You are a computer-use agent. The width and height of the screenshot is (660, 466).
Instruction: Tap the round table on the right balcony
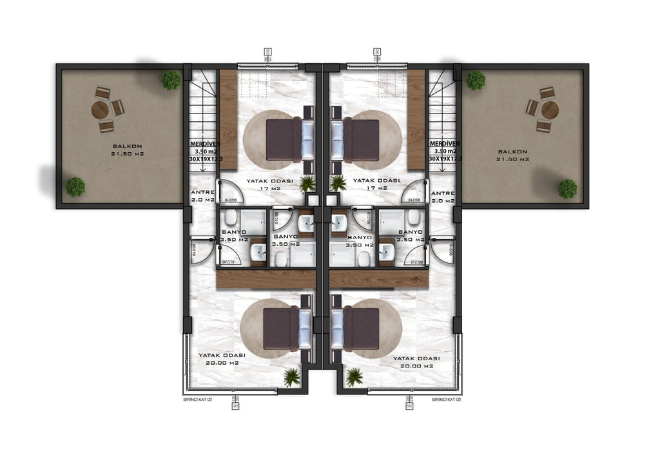(550, 110)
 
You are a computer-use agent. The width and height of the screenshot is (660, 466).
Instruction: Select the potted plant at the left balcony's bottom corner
(75, 186)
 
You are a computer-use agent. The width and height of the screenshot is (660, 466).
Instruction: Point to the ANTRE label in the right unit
(443, 193)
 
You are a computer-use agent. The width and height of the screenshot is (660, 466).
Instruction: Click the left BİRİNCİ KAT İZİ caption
(198, 400)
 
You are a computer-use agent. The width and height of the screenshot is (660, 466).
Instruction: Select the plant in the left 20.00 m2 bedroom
(292, 377)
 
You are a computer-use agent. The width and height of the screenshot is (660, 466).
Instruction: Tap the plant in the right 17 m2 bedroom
(338, 183)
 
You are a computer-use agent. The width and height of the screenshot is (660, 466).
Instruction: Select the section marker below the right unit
(409, 403)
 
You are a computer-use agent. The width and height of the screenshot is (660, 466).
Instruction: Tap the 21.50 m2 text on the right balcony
(513, 159)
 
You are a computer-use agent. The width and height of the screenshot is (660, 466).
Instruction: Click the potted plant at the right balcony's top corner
(476, 81)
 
